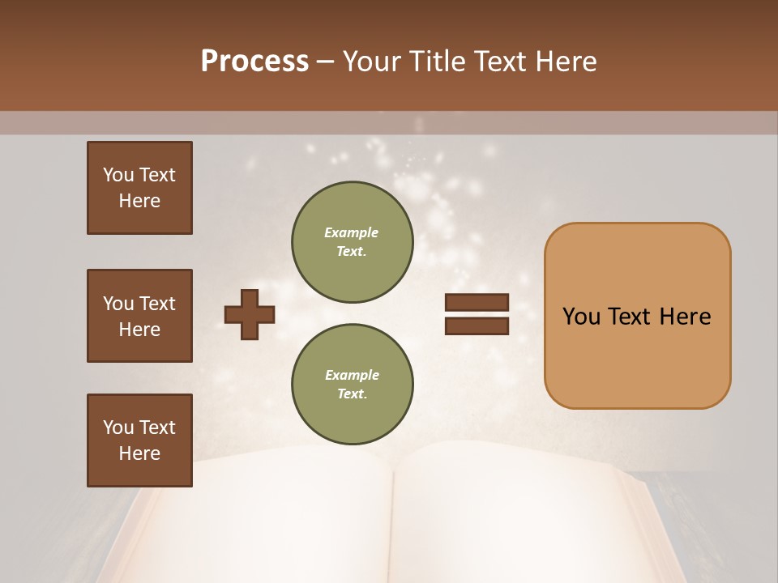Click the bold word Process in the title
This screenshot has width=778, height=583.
point(254,62)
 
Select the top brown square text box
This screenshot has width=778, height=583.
point(139,188)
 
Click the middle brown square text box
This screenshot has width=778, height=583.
point(139,316)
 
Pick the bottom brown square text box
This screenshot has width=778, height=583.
point(139,440)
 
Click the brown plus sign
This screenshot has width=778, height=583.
point(249,313)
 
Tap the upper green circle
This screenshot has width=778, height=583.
point(352,242)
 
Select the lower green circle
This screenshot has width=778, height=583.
point(352,385)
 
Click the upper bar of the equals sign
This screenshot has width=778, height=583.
point(477,302)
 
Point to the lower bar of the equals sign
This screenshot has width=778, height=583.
point(477,326)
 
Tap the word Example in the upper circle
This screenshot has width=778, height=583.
point(352,232)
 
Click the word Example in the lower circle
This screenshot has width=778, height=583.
point(352,375)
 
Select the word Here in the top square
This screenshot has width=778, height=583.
point(139,201)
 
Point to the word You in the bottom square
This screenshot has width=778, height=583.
point(118,428)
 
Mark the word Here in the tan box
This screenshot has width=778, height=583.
point(685,317)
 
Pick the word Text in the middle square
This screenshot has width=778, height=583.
point(157,304)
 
